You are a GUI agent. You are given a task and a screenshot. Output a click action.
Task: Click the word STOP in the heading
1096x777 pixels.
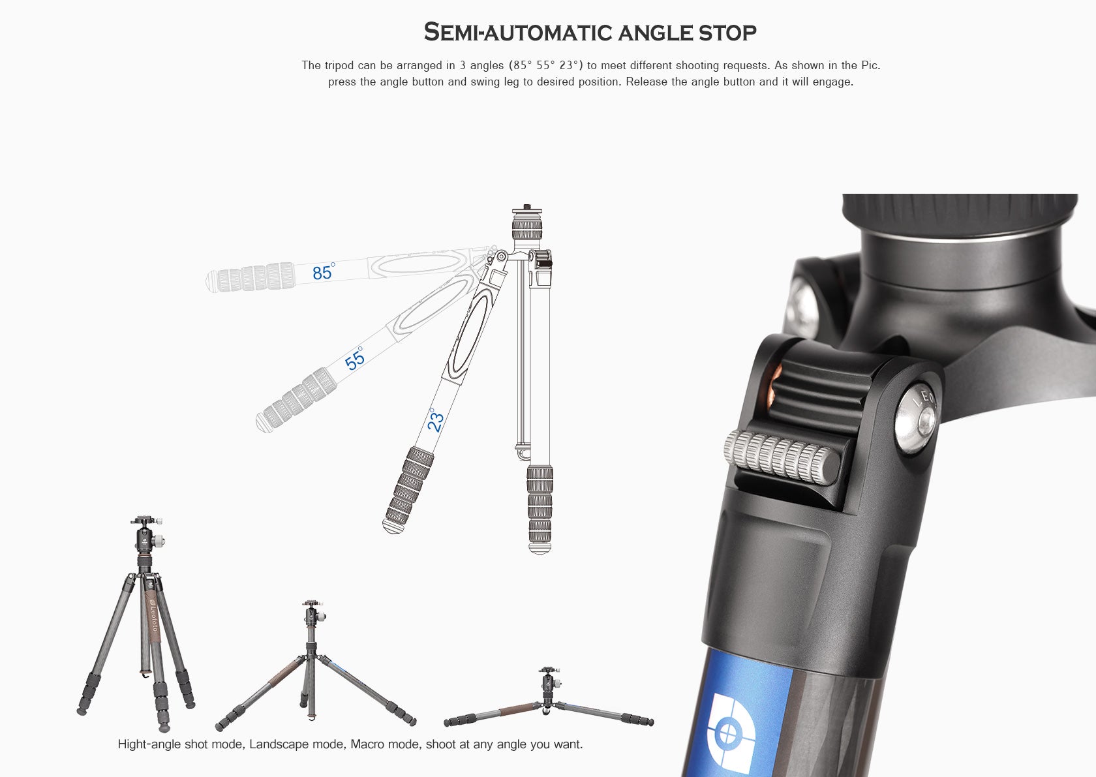727,32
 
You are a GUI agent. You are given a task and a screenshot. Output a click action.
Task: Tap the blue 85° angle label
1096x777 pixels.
323,272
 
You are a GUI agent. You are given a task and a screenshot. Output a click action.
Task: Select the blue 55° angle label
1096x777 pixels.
355,359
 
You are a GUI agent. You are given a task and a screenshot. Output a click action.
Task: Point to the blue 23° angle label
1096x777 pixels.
435,420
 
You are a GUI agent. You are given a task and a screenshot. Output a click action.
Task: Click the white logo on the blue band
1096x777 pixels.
731,734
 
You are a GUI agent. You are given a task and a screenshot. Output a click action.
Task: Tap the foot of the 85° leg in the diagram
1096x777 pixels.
211,281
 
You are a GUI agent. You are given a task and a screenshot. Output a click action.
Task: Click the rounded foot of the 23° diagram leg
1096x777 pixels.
391,526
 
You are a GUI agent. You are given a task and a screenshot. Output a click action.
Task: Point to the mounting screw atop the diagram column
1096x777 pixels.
527,209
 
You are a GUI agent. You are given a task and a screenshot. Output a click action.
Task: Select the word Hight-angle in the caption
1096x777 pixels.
149,744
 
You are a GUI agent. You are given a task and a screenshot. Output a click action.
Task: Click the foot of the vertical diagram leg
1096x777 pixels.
540,549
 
